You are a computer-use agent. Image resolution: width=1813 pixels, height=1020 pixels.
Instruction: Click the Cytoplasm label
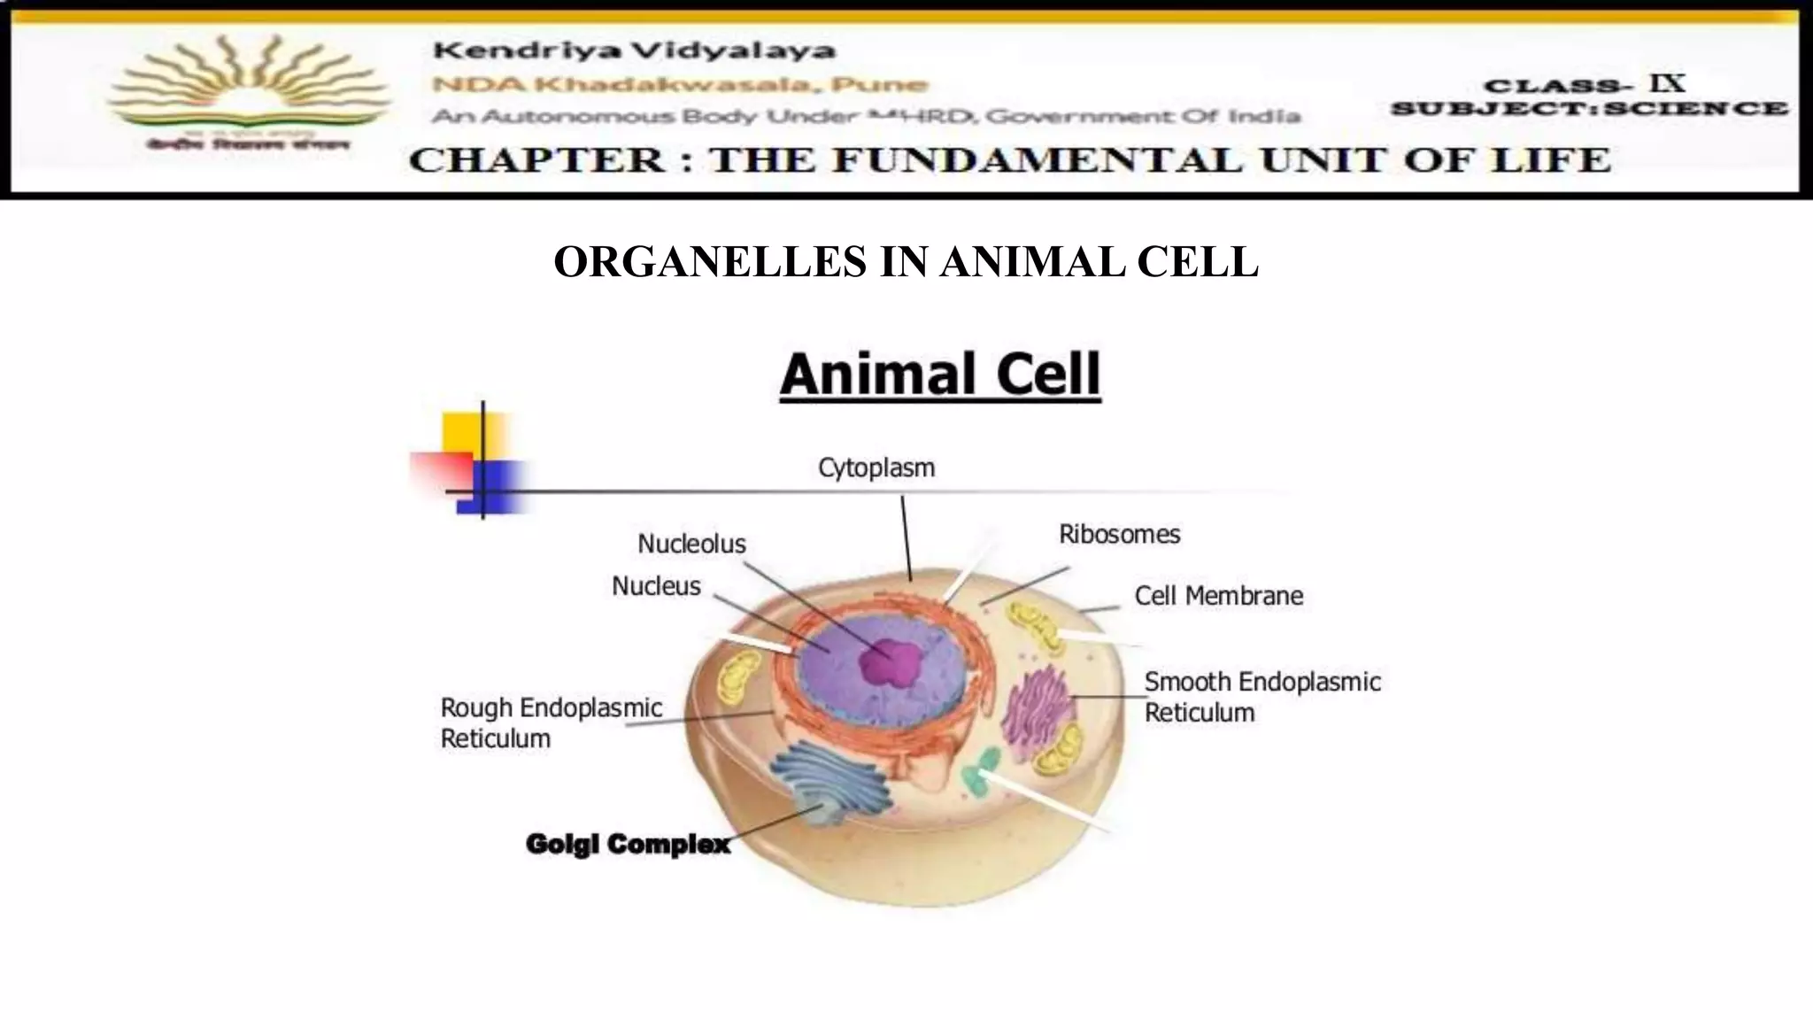[x=876, y=467]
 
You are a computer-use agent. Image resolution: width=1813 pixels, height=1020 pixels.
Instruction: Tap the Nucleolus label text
[x=691, y=544]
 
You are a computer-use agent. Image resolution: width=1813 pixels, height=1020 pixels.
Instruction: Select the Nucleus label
[x=656, y=586]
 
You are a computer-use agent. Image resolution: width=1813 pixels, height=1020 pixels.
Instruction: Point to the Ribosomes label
[x=1119, y=534]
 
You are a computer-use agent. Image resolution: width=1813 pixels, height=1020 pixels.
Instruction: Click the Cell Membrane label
[x=1218, y=596]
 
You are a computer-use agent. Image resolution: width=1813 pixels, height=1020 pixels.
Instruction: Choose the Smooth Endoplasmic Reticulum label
[x=1261, y=697]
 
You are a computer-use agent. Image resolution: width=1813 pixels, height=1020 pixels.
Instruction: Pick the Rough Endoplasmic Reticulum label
[x=551, y=722]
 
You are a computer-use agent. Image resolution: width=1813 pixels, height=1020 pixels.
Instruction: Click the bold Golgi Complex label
[x=628, y=844]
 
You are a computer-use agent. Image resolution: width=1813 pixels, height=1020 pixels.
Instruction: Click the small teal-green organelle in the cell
[x=981, y=770]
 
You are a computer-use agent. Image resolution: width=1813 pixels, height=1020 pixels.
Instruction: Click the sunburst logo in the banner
[x=248, y=89]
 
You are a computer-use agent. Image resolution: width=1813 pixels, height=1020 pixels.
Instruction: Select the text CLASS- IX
[x=1585, y=85]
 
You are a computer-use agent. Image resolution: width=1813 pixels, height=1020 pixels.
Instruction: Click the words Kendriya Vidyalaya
[x=634, y=50]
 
